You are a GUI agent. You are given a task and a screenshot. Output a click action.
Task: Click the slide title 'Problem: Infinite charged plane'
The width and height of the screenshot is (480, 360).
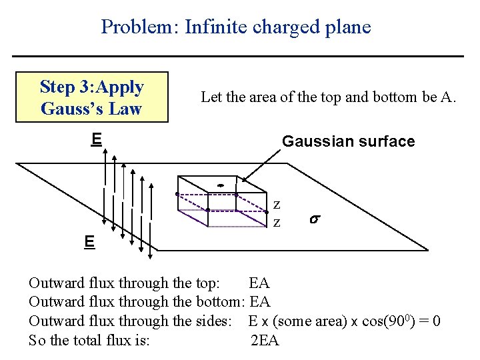(x=236, y=27)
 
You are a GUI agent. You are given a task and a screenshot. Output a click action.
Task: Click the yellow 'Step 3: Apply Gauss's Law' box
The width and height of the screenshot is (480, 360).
(x=92, y=97)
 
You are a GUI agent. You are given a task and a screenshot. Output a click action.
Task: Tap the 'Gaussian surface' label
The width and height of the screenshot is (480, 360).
(x=348, y=141)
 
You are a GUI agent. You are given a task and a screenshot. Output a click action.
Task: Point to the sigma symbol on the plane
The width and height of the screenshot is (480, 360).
(x=314, y=219)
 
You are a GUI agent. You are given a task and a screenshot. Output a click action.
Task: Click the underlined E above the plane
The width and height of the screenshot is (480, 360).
(x=97, y=139)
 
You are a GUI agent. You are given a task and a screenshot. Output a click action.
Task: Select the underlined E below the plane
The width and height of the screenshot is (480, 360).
(x=89, y=241)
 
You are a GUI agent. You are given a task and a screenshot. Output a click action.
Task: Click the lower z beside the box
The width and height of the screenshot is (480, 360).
(x=276, y=222)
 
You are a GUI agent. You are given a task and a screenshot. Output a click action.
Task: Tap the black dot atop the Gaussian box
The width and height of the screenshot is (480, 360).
(x=219, y=185)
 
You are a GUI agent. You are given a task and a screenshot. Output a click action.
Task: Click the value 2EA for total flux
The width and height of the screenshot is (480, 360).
(x=265, y=341)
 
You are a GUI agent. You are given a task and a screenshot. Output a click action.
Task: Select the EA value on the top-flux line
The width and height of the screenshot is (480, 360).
(x=259, y=283)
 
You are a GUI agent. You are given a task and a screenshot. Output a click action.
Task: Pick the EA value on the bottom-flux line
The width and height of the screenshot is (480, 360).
(x=260, y=302)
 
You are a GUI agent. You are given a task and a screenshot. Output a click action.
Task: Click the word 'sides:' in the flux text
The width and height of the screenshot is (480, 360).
(x=212, y=321)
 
